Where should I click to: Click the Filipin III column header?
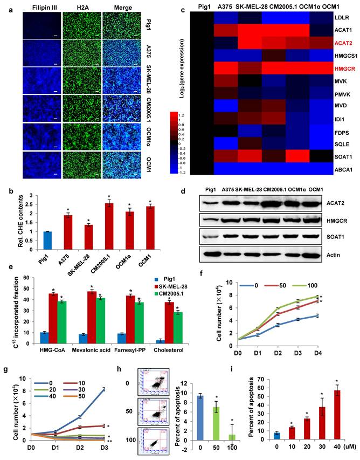38,7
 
